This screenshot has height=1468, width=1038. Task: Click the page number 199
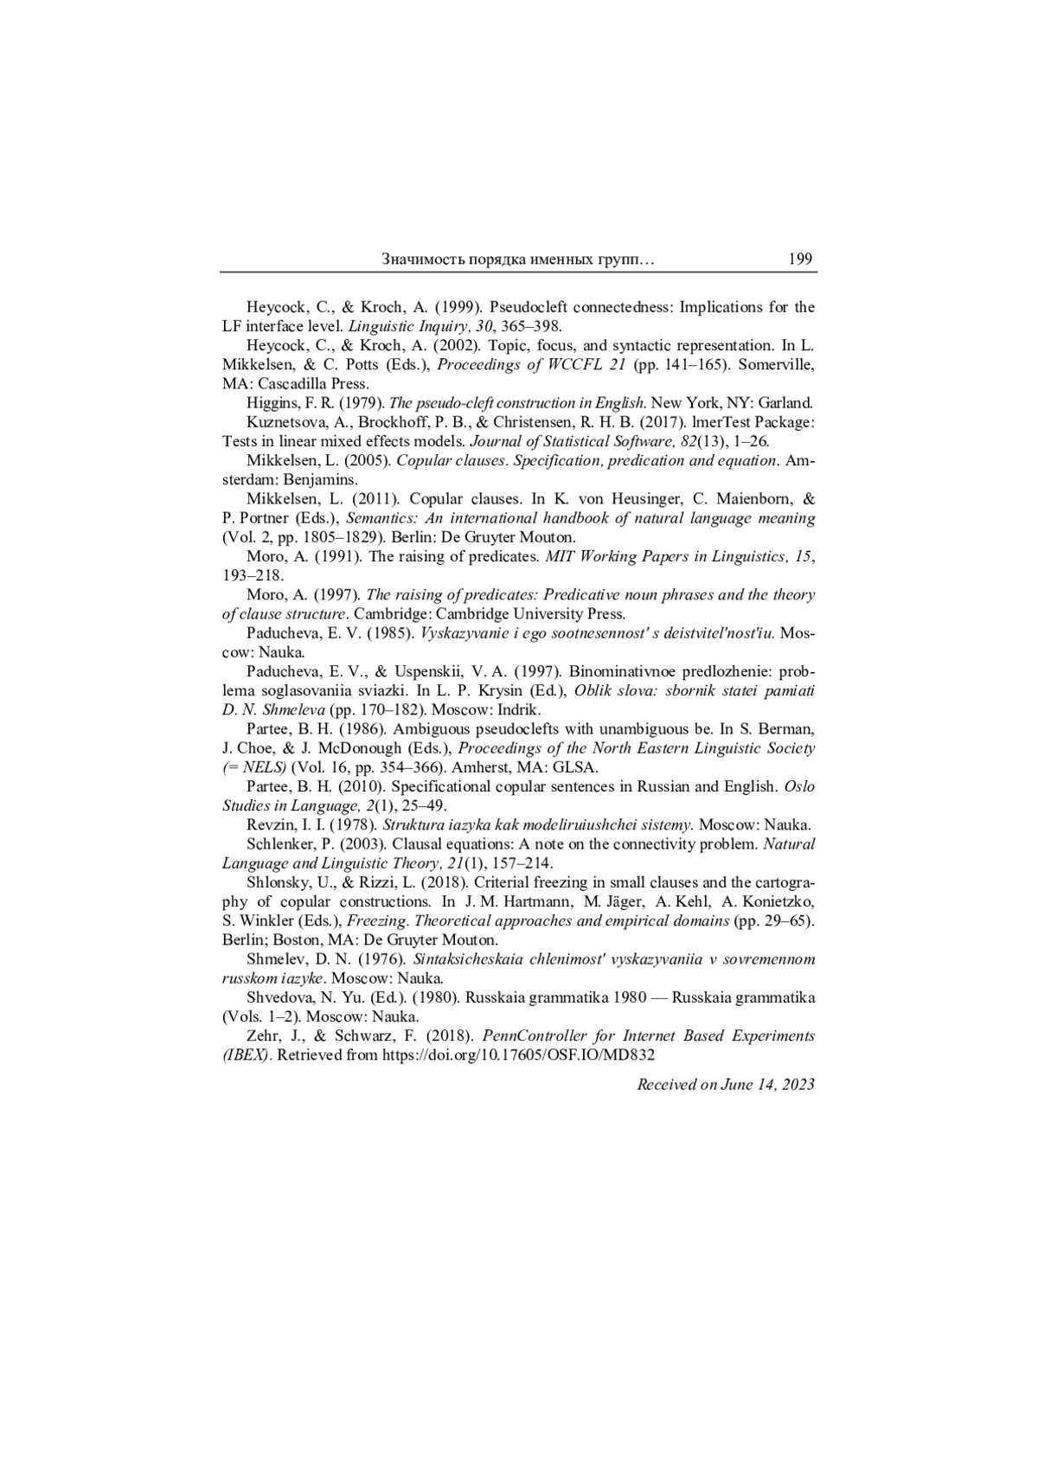click(800, 259)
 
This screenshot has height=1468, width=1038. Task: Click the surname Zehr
click(263, 1036)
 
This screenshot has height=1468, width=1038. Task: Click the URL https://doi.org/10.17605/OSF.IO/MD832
click(518, 1055)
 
